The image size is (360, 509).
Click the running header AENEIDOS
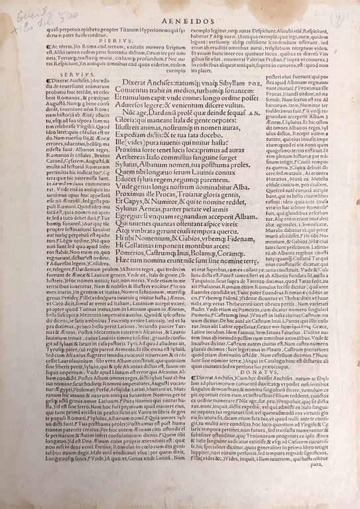181,21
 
